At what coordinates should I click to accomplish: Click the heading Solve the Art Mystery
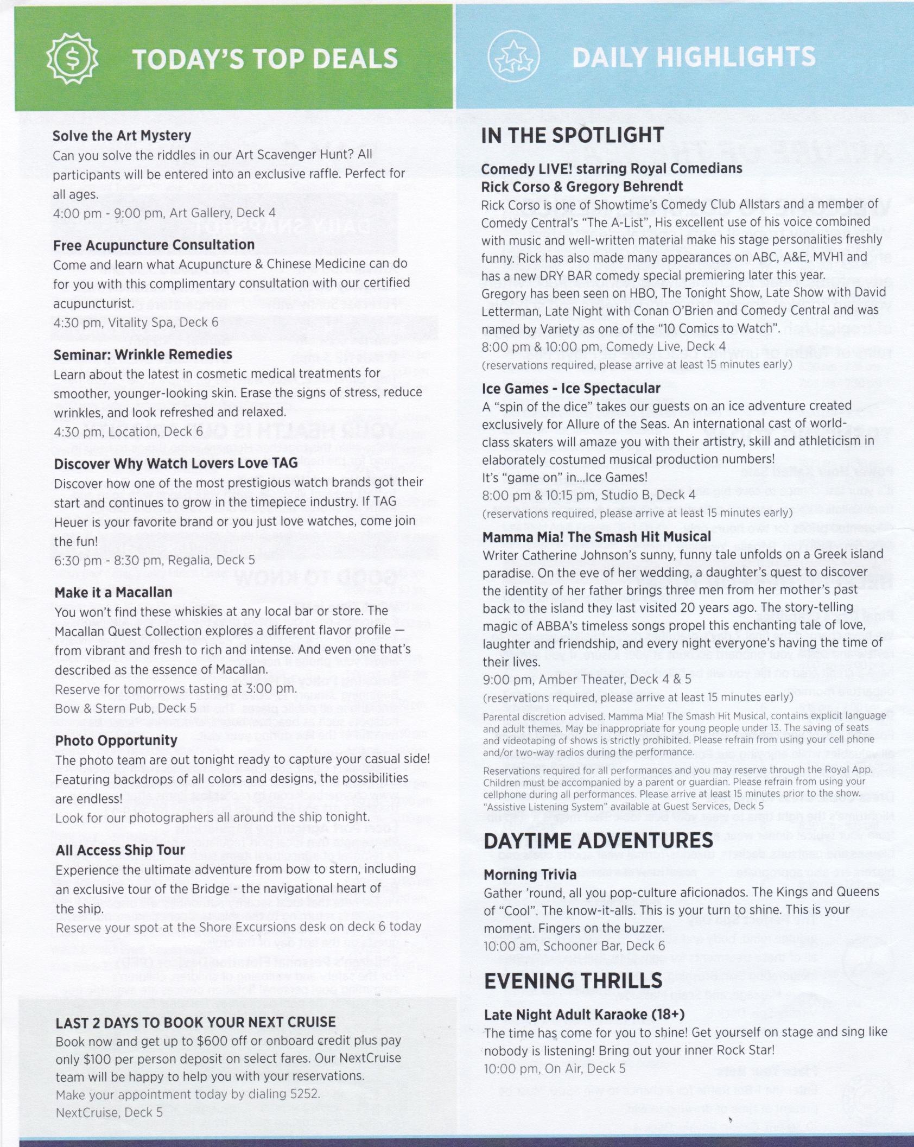pos(122,136)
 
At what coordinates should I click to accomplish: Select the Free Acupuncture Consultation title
pos(154,245)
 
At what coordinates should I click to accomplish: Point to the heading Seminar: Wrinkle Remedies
pos(143,354)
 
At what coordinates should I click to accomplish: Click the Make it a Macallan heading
pos(113,592)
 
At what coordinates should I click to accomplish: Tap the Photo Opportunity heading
pos(116,740)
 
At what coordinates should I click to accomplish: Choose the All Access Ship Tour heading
pos(120,850)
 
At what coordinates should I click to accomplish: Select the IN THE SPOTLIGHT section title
pos(572,136)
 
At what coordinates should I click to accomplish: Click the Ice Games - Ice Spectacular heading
pos(571,389)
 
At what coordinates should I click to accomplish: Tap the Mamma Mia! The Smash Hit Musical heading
pos(596,537)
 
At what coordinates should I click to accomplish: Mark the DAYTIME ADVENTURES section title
pos(598,841)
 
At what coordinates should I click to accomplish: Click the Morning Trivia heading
pos(530,874)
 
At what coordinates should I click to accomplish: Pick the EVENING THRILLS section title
pos(573,981)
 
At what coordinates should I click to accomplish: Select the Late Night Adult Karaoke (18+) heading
pos(584,1015)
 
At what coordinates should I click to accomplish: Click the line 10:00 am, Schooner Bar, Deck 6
pos(574,946)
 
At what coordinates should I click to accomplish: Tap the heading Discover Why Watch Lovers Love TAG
pos(176,464)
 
